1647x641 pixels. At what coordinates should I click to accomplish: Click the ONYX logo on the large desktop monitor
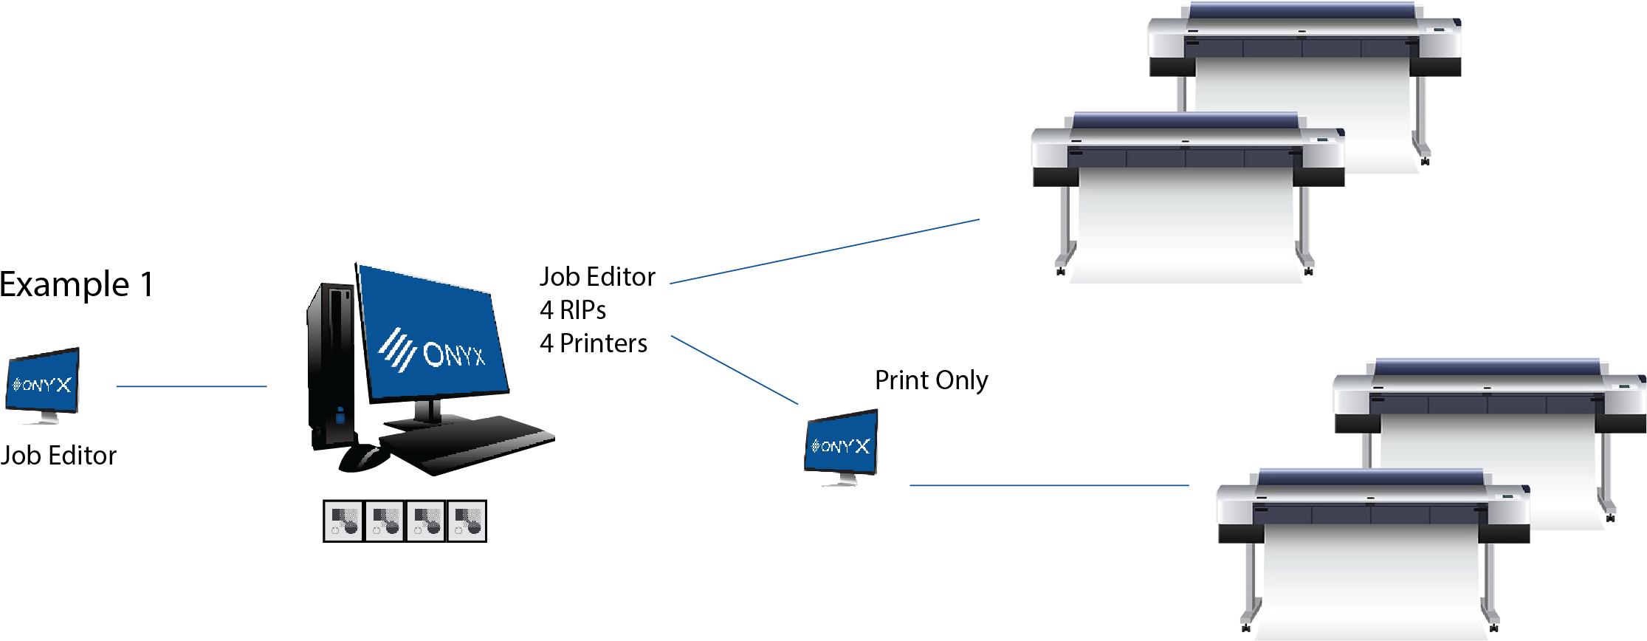click(433, 352)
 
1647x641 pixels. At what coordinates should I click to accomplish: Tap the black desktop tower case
click(331, 362)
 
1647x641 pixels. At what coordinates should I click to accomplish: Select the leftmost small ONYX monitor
click(43, 382)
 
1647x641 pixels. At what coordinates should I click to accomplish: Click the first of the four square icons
click(343, 521)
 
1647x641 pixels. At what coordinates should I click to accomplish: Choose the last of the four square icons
click(467, 521)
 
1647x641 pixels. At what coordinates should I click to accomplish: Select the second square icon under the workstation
click(385, 521)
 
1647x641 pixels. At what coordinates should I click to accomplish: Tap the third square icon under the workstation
click(425, 521)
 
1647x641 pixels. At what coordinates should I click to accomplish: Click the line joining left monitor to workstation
click(191, 386)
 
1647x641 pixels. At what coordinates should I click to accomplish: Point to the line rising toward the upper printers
click(824, 251)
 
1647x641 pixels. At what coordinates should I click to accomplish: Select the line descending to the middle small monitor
click(735, 370)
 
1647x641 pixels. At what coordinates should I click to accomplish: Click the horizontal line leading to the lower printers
click(1048, 486)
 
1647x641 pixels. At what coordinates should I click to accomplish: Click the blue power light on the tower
click(340, 417)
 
